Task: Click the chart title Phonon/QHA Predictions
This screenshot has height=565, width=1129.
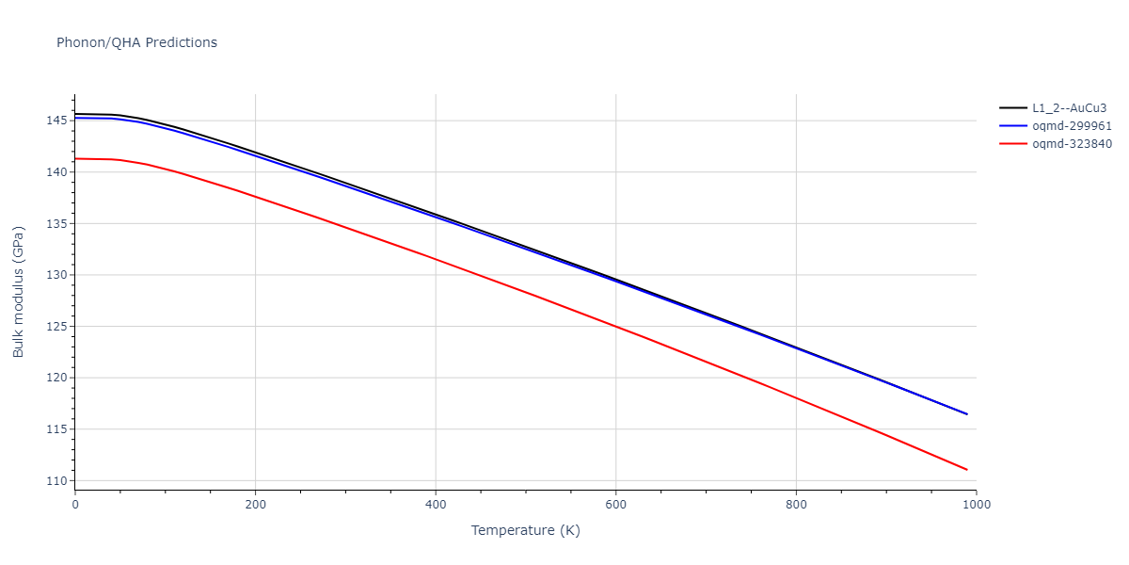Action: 136,42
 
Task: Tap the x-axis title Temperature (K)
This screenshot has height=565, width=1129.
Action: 525,530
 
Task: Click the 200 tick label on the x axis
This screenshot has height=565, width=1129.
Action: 255,505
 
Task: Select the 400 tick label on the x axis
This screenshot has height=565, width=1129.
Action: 436,505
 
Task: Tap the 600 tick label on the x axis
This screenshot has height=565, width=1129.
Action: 615,505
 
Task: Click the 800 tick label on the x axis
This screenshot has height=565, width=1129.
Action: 796,505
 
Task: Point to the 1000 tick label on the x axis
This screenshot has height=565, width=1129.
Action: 976,505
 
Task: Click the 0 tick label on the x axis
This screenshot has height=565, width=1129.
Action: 75,505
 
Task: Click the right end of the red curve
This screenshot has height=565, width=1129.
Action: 967,469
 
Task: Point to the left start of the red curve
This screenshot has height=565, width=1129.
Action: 75,158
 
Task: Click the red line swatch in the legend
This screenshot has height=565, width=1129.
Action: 1012,144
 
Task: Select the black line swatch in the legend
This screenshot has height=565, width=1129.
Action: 1012,108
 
